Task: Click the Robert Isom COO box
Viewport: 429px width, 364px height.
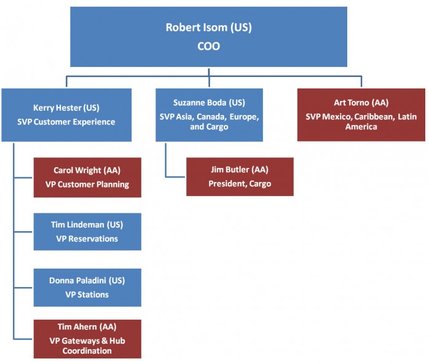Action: pos(208,37)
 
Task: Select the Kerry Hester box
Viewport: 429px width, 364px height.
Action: pos(66,115)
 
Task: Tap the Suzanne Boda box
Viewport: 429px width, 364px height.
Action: pos(210,115)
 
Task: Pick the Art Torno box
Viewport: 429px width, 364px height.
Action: pos(361,115)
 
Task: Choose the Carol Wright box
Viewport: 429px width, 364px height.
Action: pos(87,177)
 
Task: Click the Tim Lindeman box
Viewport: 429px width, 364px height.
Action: pos(87,232)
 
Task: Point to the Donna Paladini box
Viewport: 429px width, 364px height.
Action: pos(87,287)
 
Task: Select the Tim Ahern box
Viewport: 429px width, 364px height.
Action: pos(87,339)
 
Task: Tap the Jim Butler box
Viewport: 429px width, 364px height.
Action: pos(240,177)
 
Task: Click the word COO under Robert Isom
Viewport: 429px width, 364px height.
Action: pos(208,46)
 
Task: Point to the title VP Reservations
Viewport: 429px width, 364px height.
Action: pos(87,239)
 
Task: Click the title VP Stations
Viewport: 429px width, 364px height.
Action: pos(87,295)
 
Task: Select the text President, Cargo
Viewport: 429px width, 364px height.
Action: pos(240,184)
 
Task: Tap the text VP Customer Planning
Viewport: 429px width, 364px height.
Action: pos(87,184)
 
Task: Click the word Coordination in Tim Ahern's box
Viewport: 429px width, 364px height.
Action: pos(87,351)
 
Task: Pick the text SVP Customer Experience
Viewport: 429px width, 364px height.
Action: pos(66,122)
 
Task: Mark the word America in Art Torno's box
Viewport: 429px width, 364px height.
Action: pos(361,127)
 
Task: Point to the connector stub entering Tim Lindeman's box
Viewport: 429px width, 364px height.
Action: pos(23,232)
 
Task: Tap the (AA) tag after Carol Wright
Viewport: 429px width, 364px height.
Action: pos(112,170)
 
